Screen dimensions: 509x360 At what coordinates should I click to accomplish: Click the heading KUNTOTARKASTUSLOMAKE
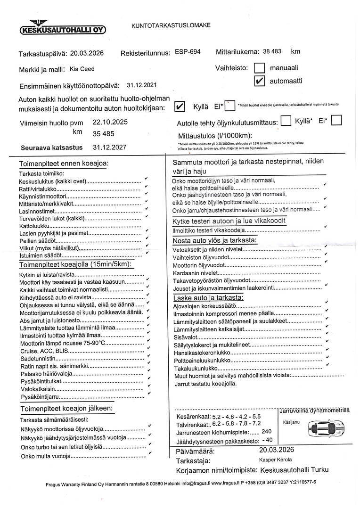[x=171, y=26]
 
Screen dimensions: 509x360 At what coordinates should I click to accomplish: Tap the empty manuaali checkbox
[x=260, y=69]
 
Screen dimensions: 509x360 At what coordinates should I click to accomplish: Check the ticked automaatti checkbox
[x=260, y=81]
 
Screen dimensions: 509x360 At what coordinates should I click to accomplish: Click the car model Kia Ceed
[x=82, y=69]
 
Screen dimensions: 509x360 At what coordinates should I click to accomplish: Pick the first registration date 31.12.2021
[x=142, y=86]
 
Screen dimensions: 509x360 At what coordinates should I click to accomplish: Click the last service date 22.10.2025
[x=110, y=122]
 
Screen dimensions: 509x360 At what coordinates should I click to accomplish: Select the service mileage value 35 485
[x=103, y=134]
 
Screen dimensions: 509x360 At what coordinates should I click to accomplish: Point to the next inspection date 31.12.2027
[x=109, y=147]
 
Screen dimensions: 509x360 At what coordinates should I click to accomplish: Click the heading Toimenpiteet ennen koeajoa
[x=64, y=164]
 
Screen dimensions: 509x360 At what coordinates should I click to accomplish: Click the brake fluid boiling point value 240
[x=266, y=432]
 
